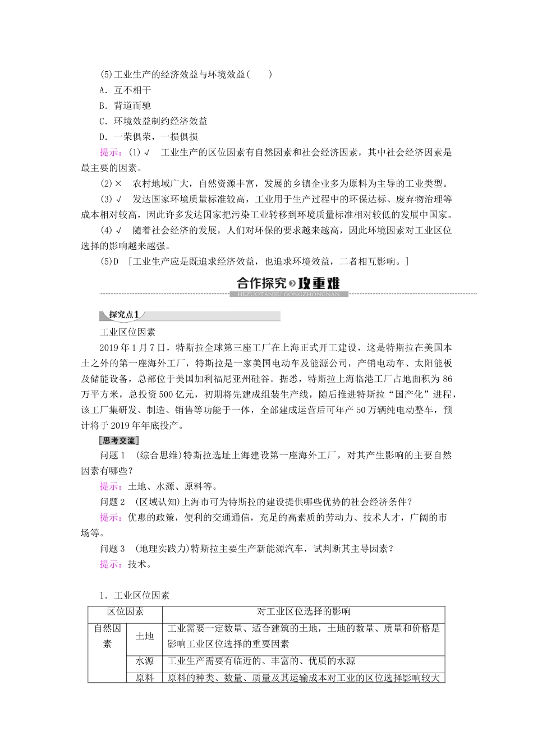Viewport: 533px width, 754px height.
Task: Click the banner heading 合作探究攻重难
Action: (288, 284)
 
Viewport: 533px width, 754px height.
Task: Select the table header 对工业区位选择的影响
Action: (304, 612)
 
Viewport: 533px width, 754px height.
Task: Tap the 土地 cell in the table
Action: (145, 636)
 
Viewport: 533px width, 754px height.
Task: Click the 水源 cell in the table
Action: (145, 661)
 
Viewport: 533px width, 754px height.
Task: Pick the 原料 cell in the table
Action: (145, 678)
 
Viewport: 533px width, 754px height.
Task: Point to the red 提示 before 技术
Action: (111, 564)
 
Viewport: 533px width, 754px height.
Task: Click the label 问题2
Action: (112, 502)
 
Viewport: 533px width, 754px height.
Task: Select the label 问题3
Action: (112, 549)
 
